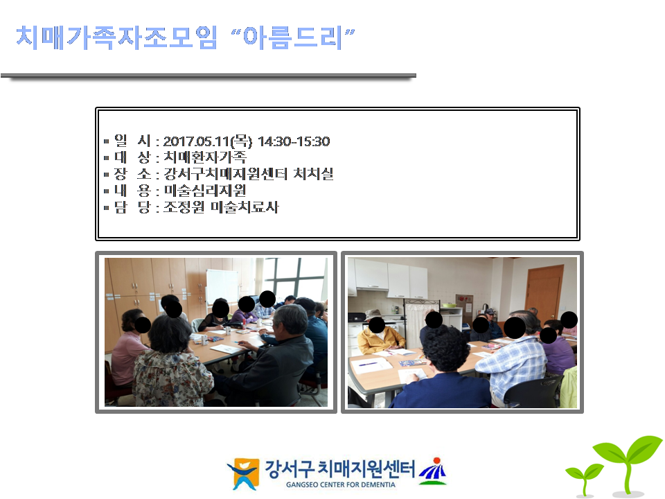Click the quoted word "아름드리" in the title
tap(292, 37)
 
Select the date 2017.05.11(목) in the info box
tap(207, 141)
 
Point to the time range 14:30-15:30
tap(294, 141)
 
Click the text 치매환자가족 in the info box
tap(204, 157)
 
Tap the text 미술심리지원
tap(204, 191)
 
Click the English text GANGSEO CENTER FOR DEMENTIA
tap(341, 484)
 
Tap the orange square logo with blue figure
tap(243, 473)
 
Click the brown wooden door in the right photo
tap(544, 292)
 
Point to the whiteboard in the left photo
tap(222, 286)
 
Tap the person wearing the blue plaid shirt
tap(513, 360)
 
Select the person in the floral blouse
tap(172, 365)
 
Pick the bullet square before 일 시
tap(107, 141)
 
